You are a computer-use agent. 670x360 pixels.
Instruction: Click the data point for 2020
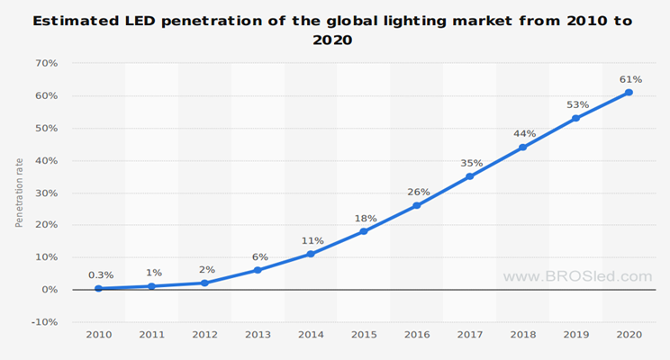pyautogui.click(x=629, y=93)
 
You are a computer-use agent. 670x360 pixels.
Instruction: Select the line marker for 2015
pyautogui.click(x=364, y=231)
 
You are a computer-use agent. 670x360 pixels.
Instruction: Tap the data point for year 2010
pyautogui.click(x=98, y=289)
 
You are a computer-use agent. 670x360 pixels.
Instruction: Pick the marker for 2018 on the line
pyautogui.click(x=522, y=148)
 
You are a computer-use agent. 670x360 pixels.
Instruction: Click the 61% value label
pyautogui.click(x=630, y=79)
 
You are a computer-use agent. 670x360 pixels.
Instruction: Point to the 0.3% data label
pyautogui.click(x=100, y=274)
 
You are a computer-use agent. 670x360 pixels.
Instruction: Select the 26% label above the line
pyautogui.click(x=419, y=192)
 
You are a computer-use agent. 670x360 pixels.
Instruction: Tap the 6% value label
pyautogui.click(x=260, y=256)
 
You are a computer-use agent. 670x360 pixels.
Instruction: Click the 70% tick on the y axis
pyautogui.click(x=46, y=63)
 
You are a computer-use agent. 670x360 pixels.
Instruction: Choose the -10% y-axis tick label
pyautogui.click(x=44, y=322)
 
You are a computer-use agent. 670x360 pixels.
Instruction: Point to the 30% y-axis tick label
pyautogui.click(x=46, y=193)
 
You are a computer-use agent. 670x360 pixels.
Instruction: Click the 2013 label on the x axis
pyautogui.click(x=258, y=335)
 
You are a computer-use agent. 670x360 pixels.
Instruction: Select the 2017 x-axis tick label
pyautogui.click(x=469, y=335)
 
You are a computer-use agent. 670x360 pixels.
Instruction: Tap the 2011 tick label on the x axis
pyautogui.click(x=151, y=335)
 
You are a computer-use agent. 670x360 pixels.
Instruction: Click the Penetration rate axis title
pyautogui.click(x=19, y=193)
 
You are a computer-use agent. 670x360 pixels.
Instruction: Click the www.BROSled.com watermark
pyautogui.click(x=577, y=276)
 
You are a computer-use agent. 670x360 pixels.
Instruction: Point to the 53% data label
pyautogui.click(x=578, y=104)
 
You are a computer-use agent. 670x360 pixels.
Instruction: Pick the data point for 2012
pyautogui.click(x=204, y=283)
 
